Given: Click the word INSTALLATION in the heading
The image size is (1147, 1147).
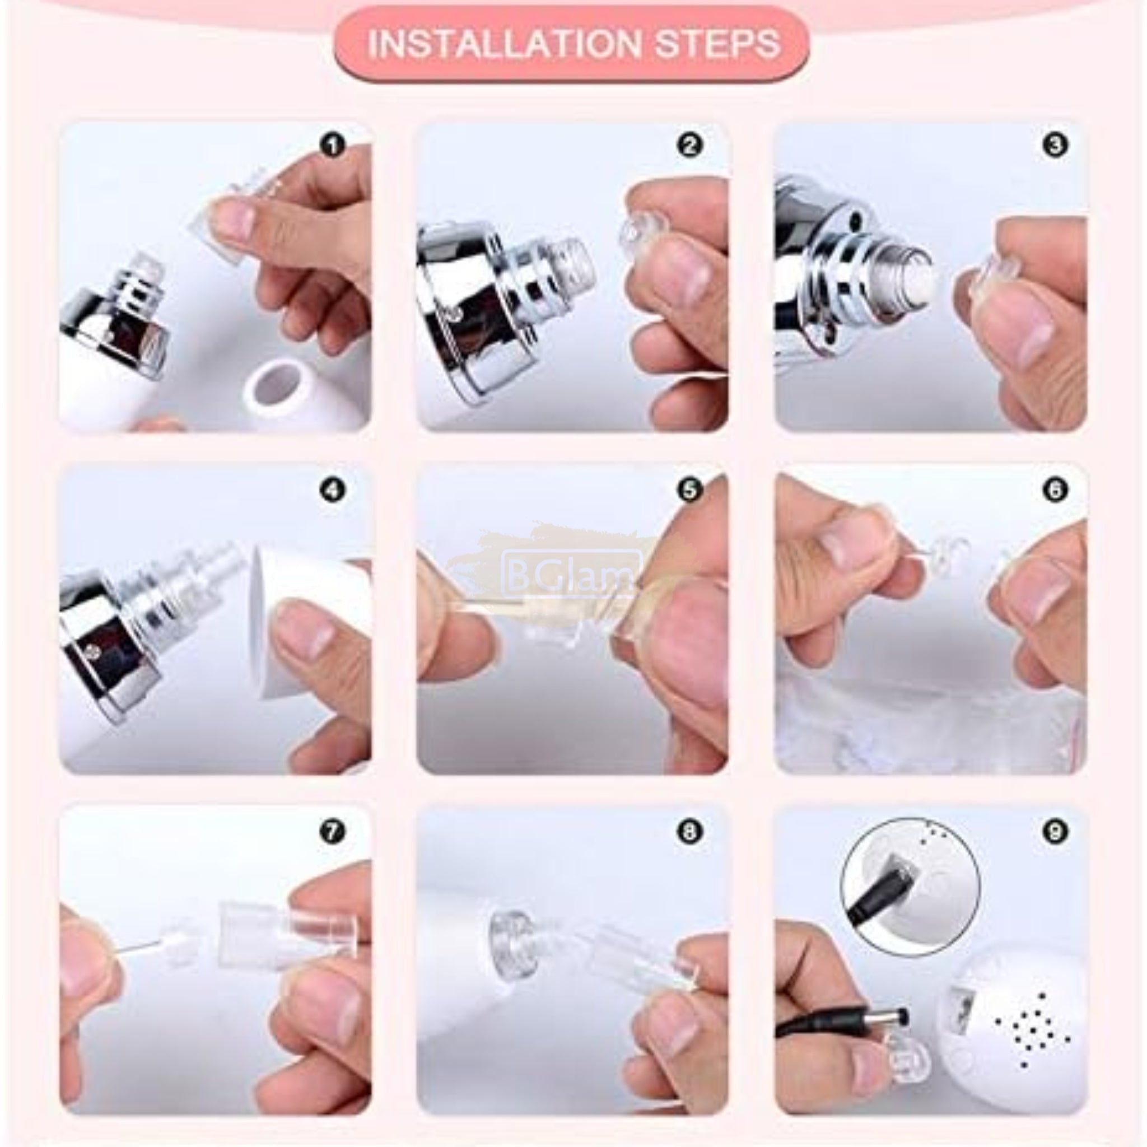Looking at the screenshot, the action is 504,44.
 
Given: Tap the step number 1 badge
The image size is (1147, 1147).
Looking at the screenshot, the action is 333,146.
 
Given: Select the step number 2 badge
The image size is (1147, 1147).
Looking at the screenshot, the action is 690,146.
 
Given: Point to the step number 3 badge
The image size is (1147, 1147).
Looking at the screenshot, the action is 1055,146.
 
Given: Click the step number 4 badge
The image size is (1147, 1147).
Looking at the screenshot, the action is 333,491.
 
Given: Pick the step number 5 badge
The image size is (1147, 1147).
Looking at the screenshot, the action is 690,491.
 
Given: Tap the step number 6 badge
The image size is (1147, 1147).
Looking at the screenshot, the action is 1055,491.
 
